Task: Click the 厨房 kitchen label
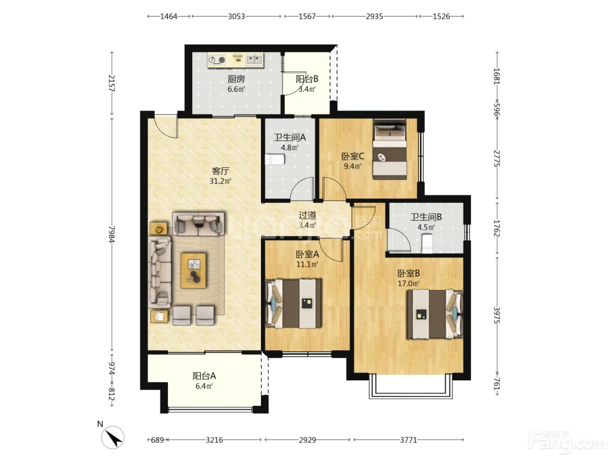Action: point(236,79)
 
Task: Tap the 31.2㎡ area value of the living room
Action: point(220,181)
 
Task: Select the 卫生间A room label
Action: point(290,137)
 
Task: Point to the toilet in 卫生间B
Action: point(427,243)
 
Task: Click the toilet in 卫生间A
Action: point(275,160)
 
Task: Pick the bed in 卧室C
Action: point(390,149)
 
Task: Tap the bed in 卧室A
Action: point(294,304)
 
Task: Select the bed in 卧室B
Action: point(435,314)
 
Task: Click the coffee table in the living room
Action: point(193,270)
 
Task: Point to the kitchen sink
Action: point(254,60)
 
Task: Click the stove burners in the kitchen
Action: point(217,60)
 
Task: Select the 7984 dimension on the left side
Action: point(112,234)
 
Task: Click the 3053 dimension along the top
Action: point(237,17)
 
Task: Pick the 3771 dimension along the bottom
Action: point(408,440)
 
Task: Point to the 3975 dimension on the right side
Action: point(497,315)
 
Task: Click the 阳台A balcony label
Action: point(204,376)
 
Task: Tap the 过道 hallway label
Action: point(307,215)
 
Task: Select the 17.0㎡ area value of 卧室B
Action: point(408,284)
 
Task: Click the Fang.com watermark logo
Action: point(568,442)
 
